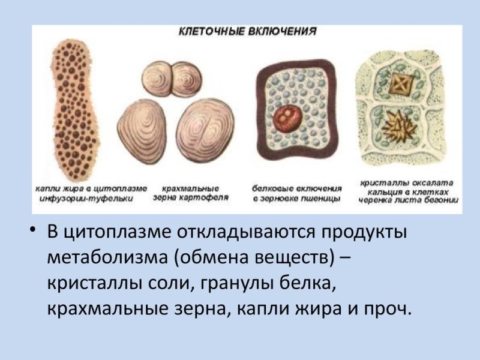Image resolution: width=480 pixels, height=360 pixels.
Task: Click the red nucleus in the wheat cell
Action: [286, 118]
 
